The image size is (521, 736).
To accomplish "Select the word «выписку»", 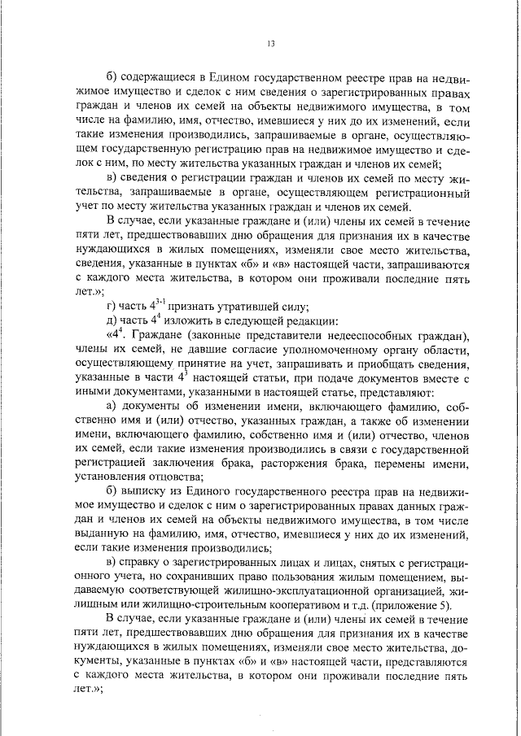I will (x=152, y=490).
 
